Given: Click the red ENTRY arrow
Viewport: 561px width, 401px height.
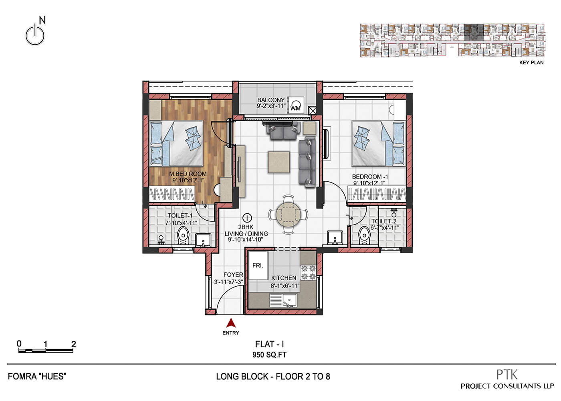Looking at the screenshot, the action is click(231, 323).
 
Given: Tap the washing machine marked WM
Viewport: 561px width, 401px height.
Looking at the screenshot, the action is click(296, 105).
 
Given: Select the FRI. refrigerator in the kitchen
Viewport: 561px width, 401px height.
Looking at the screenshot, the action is click(258, 265).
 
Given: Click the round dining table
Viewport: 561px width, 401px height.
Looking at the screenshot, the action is click(288, 215).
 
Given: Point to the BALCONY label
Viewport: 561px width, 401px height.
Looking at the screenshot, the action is click(271, 100).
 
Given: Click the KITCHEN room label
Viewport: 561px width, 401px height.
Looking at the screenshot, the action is click(284, 278).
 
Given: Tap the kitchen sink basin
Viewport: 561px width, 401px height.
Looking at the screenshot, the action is click(289, 300).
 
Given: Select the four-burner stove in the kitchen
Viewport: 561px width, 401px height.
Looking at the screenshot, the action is click(308, 272).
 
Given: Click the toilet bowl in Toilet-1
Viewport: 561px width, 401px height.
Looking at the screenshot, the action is click(183, 236).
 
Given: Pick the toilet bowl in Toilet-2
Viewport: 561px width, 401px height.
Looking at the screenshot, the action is click(364, 236).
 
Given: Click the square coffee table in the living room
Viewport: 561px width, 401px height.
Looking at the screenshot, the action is click(279, 162).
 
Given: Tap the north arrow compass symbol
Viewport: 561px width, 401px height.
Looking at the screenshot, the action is click(36, 32).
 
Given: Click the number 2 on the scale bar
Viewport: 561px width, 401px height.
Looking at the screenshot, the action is click(73, 344).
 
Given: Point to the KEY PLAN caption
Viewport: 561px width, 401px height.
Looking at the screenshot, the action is click(531, 63).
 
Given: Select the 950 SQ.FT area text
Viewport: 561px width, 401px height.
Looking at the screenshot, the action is click(269, 354).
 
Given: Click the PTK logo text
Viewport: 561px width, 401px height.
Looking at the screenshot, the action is click(507, 375).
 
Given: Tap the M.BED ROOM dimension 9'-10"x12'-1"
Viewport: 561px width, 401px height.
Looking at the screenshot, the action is click(188, 180).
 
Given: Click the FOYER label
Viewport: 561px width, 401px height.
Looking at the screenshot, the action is click(233, 275).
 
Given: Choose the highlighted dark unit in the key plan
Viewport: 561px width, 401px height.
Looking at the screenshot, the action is click(474, 32).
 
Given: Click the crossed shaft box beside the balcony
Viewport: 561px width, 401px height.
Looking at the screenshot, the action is click(312, 111).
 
